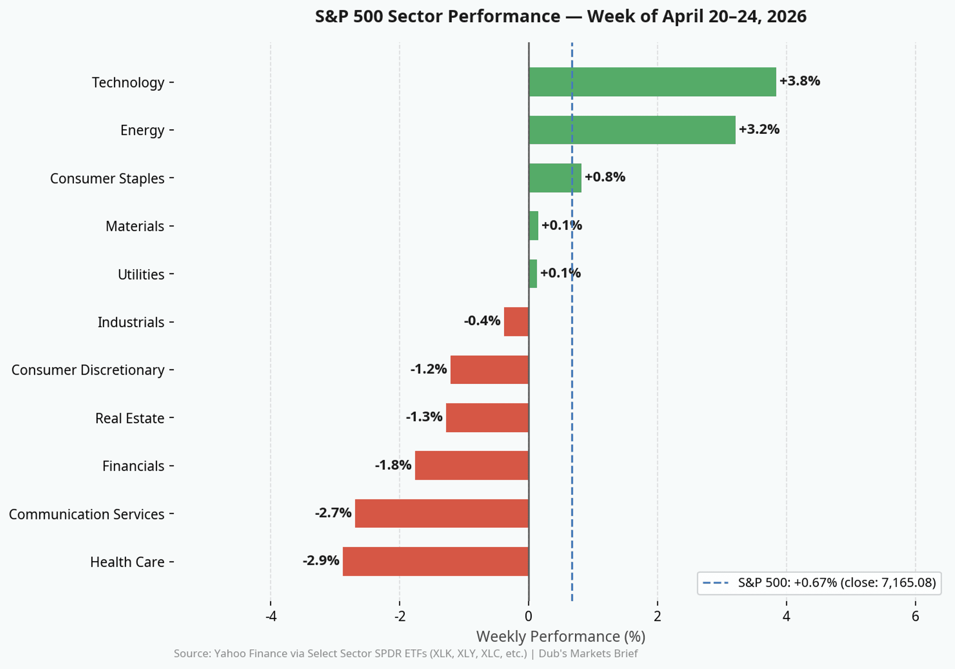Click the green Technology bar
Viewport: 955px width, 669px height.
pyautogui.click(x=652, y=82)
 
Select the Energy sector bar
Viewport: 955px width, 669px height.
pyautogui.click(x=632, y=130)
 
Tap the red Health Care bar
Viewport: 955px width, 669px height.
pyautogui.click(x=435, y=561)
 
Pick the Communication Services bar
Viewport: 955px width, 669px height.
pyautogui.click(x=441, y=513)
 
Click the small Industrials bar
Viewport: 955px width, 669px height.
pyautogui.click(x=516, y=322)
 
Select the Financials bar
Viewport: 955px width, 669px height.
pyautogui.click(x=472, y=465)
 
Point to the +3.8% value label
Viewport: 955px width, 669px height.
pyautogui.click(x=799, y=81)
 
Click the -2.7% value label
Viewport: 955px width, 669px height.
pyautogui.click(x=333, y=513)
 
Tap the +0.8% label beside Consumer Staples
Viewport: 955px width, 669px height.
pyautogui.click(x=605, y=177)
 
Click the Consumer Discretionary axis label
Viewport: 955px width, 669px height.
pyautogui.click(x=88, y=370)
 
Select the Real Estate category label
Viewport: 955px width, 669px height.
pyautogui.click(x=129, y=418)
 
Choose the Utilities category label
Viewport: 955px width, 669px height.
pyautogui.click(x=141, y=274)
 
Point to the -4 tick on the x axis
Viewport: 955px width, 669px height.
pyautogui.click(x=271, y=616)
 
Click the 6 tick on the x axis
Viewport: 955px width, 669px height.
pyautogui.click(x=915, y=616)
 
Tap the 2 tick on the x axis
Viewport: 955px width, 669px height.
pyautogui.click(x=657, y=616)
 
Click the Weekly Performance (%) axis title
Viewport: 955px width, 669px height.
pyautogui.click(x=560, y=636)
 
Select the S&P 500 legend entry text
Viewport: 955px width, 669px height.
pyautogui.click(x=837, y=583)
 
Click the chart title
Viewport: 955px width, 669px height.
pyautogui.click(x=560, y=16)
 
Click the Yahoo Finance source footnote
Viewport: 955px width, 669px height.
pyautogui.click(x=405, y=653)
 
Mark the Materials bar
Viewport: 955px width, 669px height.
pyautogui.click(x=533, y=226)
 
